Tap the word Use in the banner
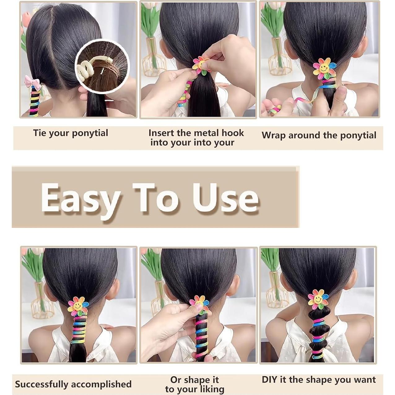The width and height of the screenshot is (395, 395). pyautogui.click(x=225, y=198)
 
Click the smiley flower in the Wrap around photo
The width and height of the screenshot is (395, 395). pyautogui.click(x=324, y=69)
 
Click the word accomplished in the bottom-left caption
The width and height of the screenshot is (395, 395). pyautogui.click(x=102, y=384)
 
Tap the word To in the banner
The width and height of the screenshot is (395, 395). pyautogui.click(x=156, y=198)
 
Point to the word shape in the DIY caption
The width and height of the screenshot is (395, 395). pyautogui.click(x=332, y=380)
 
